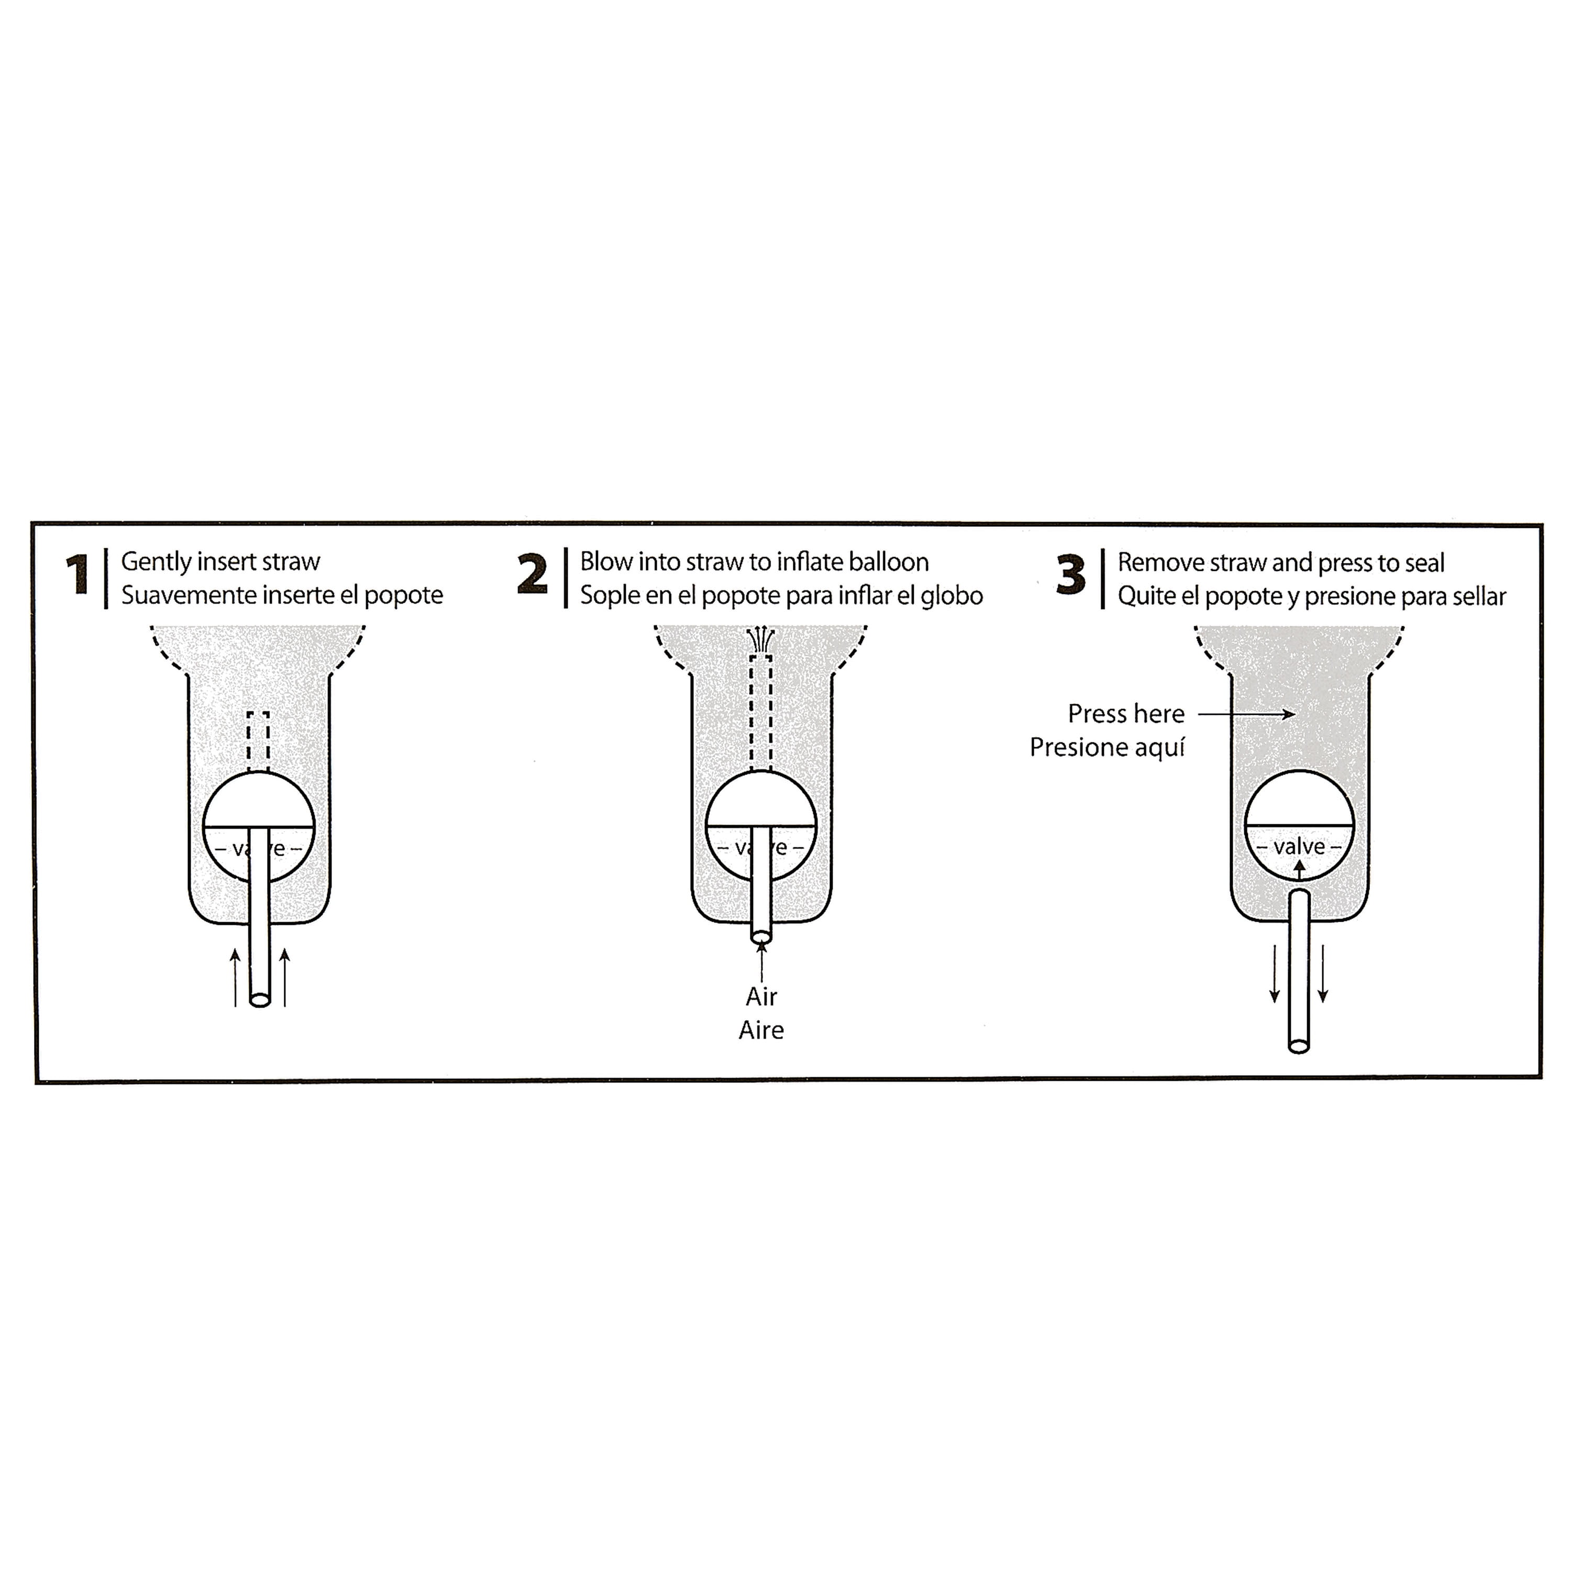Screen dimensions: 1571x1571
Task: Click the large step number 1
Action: [x=78, y=575]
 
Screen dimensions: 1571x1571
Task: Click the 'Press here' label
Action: [x=1126, y=714]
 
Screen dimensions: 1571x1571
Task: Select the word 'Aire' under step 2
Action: [x=761, y=1030]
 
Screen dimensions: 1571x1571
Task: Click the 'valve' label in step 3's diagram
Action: [x=1299, y=847]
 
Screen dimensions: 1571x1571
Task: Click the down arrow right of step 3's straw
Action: [x=1323, y=973]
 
